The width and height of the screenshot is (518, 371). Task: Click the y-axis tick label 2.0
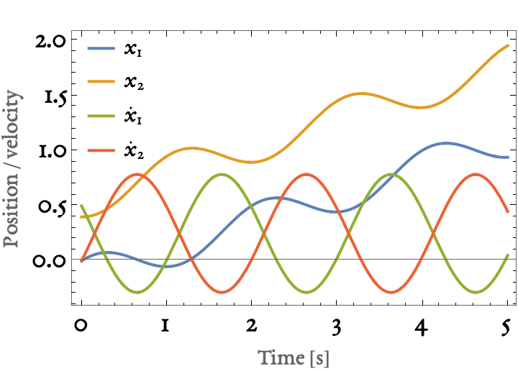(x=50, y=42)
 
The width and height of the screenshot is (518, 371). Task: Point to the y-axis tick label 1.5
(x=55, y=98)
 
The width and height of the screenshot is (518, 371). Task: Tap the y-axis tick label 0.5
(x=53, y=208)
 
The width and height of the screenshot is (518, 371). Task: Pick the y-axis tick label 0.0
(x=48, y=262)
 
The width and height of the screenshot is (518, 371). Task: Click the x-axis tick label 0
(x=81, y=326)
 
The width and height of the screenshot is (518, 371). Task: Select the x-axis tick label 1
(x=165, y=326)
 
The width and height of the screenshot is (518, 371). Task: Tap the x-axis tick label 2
(x=251, y=326)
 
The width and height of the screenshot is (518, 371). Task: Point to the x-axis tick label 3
(x=337, y=327)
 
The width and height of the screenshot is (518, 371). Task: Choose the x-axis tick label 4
(x=421, y=327)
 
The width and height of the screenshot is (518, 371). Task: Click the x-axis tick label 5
(x=506, y=327)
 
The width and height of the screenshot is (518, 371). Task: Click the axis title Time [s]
(x=294, y=358)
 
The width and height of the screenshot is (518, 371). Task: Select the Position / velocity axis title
(x=12, y=168)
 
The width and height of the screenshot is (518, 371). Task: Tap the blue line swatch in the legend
(x=101, y=48)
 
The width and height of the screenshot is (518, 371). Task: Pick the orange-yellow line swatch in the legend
(x=101, y=81)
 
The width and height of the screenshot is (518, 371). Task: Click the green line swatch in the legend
(x=101, y=116)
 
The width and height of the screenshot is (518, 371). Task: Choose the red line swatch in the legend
(x=101, y=150)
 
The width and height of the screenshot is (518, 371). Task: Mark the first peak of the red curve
(x=137, y=174)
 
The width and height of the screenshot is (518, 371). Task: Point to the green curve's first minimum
(x=137, y=292)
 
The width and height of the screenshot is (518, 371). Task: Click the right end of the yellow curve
(x=508, y=45)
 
